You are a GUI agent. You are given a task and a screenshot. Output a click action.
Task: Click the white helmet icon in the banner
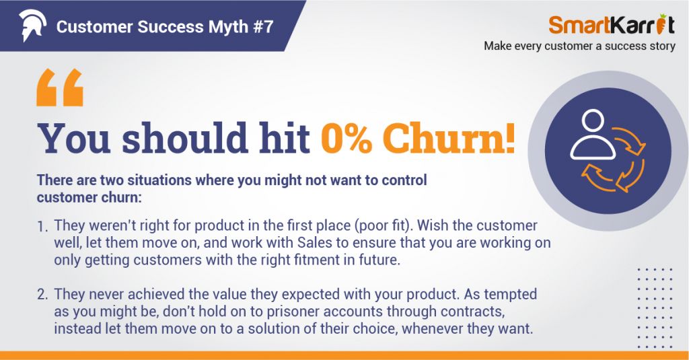tap(32, 25)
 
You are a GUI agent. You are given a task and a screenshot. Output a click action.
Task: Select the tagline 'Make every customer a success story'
tap(579, 46)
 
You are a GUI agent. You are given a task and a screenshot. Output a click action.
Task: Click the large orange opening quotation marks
tap(60, 87)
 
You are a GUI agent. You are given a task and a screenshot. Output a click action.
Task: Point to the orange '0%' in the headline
tap(347, 138)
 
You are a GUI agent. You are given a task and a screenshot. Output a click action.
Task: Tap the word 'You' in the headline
tap(73, 138)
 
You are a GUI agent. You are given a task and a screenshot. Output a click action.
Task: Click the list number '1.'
tap(42, 226)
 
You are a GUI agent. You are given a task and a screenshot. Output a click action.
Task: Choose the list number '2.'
tap(42, 294)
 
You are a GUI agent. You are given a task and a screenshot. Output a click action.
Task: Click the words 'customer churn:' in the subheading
tap(89, 197)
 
